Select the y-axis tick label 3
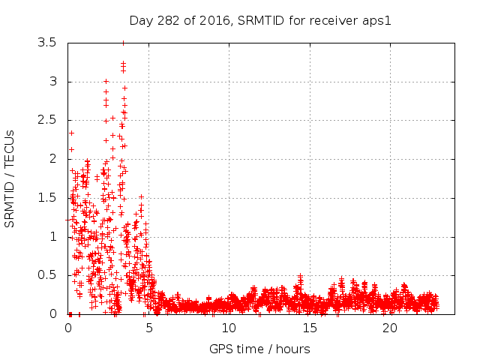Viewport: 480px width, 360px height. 52,82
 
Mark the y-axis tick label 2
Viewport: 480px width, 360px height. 52,159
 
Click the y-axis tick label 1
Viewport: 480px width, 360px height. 52,236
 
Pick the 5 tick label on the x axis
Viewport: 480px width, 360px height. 148,328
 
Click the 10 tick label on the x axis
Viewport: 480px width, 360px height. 229,328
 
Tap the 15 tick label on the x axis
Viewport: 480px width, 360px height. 309,328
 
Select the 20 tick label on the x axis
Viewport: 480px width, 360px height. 389,328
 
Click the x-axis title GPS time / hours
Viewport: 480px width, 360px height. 259,349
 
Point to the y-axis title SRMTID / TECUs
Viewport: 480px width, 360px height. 10,178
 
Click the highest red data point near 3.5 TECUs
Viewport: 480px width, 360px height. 123,43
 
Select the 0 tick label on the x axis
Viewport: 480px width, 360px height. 68,328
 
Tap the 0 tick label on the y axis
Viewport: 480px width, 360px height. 52,314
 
